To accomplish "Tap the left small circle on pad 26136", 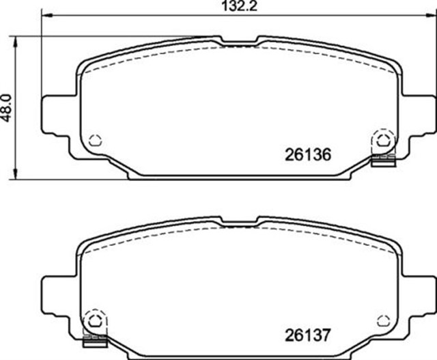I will click(95, 140).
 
